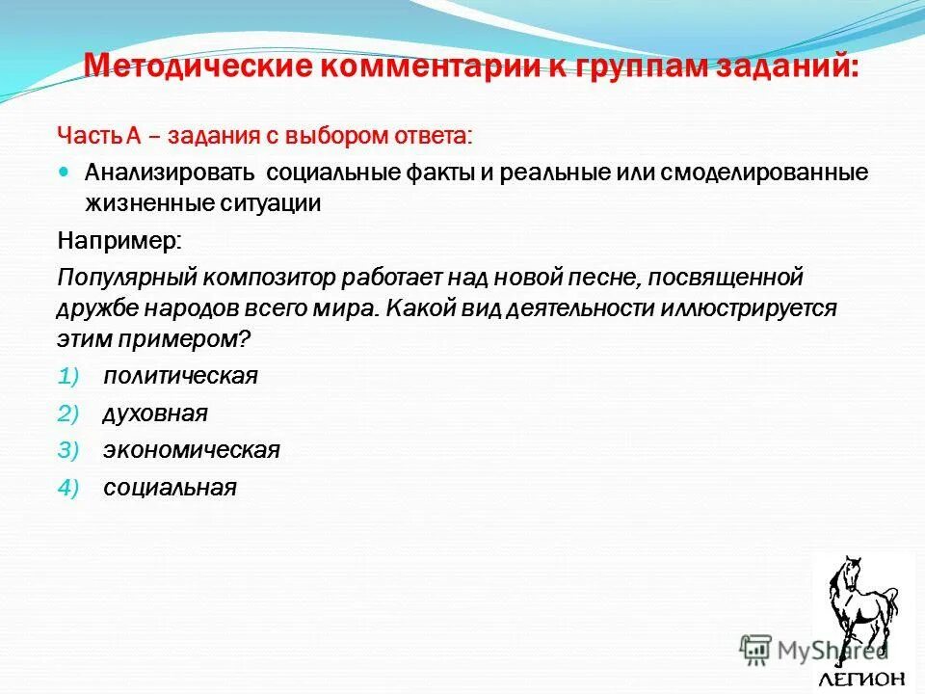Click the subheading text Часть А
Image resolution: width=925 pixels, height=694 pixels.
point(99,135)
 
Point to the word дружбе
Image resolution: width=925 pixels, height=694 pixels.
point(96,309)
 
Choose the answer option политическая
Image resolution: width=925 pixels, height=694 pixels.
point(180,376)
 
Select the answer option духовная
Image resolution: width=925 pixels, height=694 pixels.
point(155,414)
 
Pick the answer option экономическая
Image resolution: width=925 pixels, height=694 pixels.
point(191,450)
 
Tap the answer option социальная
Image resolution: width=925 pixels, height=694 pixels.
point(170,488)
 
